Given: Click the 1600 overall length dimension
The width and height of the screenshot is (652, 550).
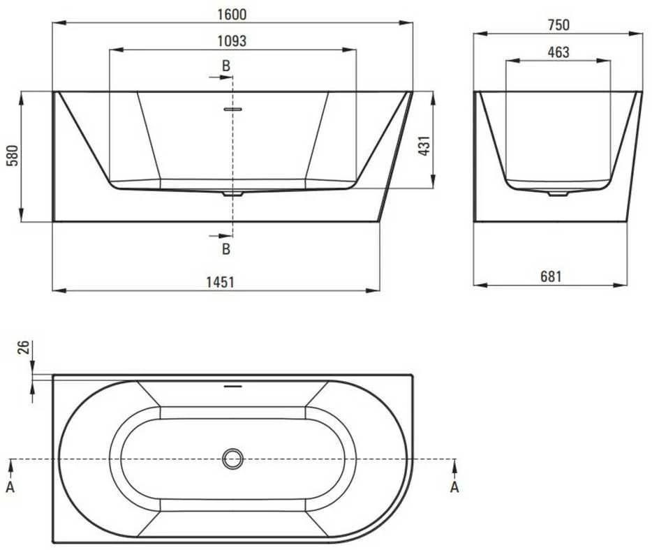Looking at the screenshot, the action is pos(232,15).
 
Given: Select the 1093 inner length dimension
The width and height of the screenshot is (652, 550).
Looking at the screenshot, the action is pos(232,41).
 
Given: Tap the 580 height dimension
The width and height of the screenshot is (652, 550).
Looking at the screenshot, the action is pos(13,156).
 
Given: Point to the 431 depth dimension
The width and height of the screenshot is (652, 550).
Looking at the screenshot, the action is pos(424,146).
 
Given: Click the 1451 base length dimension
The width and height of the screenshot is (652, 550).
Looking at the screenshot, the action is pos(221,283).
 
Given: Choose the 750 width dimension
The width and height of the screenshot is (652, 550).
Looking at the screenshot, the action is pos(558,25).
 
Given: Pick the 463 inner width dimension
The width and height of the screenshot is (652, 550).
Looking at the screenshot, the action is pos(558,52).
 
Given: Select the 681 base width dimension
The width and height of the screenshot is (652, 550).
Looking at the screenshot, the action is pos(551,276).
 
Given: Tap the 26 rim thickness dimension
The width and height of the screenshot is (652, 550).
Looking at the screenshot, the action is pos(24,347).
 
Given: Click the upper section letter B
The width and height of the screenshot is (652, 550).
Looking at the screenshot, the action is pos(226,66).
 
